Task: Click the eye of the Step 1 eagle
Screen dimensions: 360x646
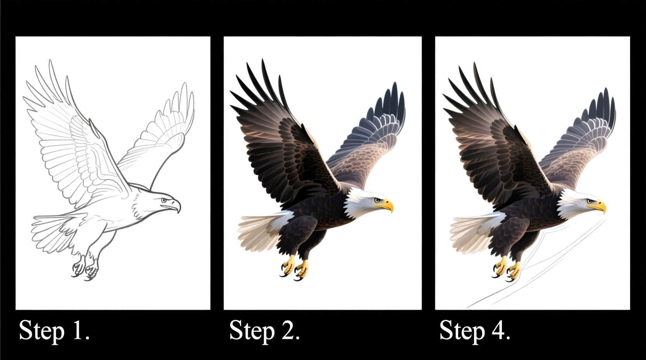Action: pos(163,200)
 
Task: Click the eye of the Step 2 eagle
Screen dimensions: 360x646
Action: pos(376,200)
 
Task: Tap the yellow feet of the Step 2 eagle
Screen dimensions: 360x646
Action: pos(295,268)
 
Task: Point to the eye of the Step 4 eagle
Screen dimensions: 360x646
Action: pos(589,201)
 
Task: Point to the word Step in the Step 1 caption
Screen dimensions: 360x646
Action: pos(41,331)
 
